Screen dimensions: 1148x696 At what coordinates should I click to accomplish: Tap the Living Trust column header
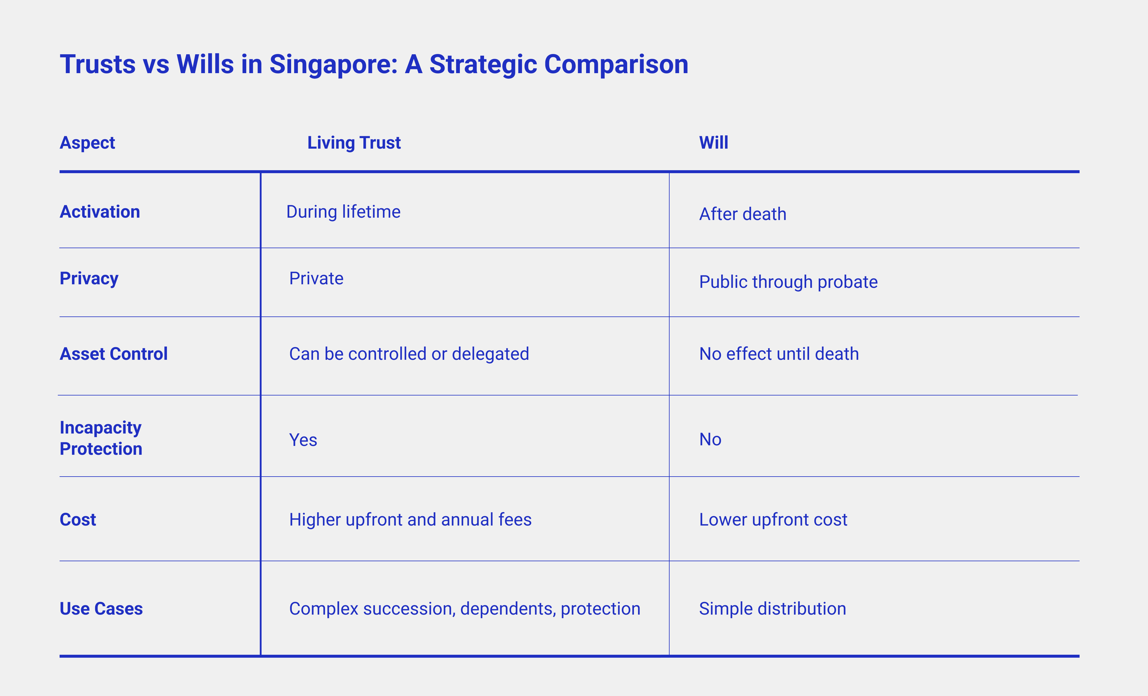tap(354, 142)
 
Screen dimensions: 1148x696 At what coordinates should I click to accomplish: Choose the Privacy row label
tap(89, 279)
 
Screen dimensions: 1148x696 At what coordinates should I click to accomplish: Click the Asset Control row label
tap(114, 354)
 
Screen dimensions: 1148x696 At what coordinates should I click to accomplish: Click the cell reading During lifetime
tap(343, 212)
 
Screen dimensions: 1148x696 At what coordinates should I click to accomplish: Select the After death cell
tap(743, 214)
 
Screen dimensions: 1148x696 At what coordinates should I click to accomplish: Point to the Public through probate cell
tap(788, 282)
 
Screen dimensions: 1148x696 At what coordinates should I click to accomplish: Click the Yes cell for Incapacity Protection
tap(303, 440)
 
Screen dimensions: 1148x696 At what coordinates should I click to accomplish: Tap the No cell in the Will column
tap(710, 439)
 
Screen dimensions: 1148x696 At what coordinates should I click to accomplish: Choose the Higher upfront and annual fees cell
tap(410, 520)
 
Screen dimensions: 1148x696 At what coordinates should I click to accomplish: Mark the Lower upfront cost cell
tap(773, 520)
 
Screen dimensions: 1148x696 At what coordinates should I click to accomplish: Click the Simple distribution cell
tap(773, 609)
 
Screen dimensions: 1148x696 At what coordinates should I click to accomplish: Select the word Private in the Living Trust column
tap(316, 279)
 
